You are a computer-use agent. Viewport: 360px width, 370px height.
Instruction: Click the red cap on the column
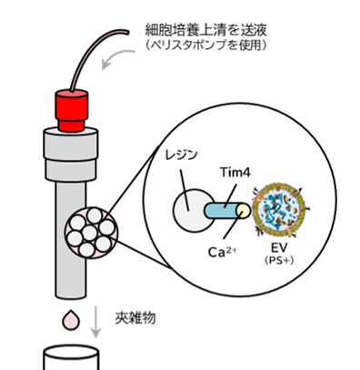(x=72, y=110)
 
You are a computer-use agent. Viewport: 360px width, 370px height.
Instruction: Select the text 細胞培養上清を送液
(x=205, y=30)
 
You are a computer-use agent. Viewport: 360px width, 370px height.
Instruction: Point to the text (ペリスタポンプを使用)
(x=205, y=45)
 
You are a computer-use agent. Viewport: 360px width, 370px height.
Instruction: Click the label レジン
(x=181, y=155)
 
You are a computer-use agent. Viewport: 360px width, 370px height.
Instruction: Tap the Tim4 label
(x=235, y=173)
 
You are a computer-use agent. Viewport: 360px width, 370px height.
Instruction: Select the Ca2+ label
(x=224, y=252)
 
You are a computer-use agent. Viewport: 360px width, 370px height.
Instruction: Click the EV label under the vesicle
(x=279, y=248)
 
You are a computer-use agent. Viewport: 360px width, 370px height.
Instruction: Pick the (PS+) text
(x=279, y=260)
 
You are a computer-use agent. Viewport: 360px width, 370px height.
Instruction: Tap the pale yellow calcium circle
(x=244, y=211)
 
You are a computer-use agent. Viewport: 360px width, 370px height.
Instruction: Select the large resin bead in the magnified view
(x=193, y=211)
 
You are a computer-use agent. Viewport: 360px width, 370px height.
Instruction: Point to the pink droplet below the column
(x=71, y=320)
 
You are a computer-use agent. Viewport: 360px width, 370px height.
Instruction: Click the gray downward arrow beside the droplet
(x=96, y=321)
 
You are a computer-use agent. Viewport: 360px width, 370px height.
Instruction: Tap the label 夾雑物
(x=135, y=318)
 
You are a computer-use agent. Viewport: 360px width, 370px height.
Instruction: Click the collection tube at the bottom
(x=71, y=357)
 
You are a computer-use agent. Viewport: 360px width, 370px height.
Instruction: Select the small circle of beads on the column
(x=92, y=233)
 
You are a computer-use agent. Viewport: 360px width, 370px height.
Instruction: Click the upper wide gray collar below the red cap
(x=71, y=144)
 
